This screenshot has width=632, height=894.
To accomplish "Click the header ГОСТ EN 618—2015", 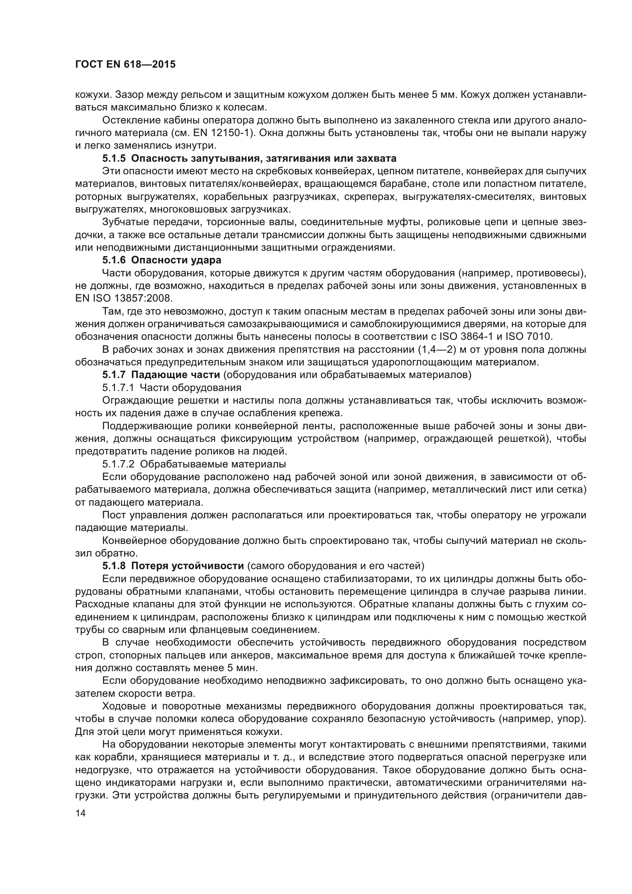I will [x=125, y=65].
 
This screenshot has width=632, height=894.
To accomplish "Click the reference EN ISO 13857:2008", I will [x=123, y=298].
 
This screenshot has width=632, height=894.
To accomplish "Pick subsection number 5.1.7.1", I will [x=118, y=388].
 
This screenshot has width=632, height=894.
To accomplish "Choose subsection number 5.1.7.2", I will [x=118, y=464].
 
